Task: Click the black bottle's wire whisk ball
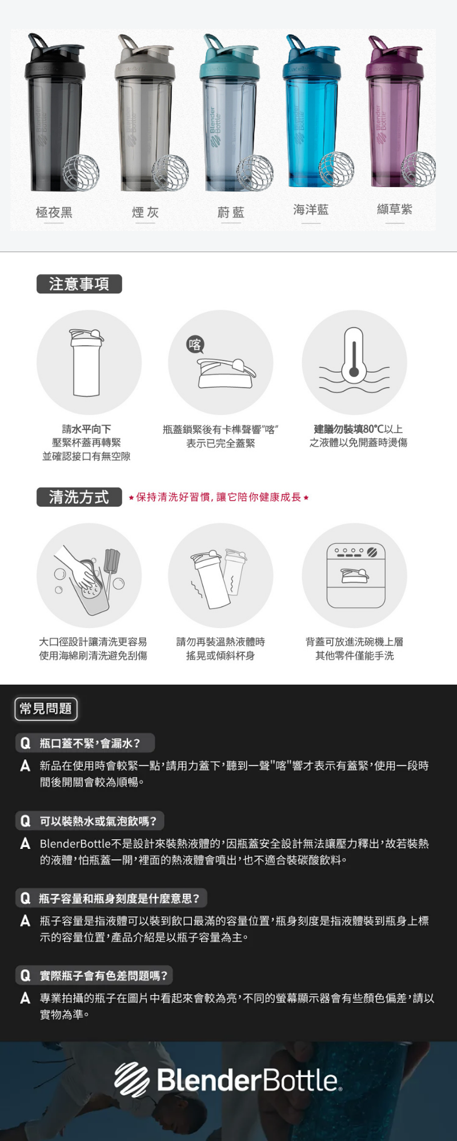[81, 172]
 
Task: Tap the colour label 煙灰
[145, 213]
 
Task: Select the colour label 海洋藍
[311, 209]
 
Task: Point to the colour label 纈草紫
[394, 209]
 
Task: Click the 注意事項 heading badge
[79, 284]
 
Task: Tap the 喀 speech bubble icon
[195, 345]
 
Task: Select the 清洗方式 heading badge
[79, 497]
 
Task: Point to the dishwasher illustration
[356, 575]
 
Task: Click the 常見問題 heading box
[46, 709]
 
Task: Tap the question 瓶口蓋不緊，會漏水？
[90, 743]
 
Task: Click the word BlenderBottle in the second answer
[75, 843]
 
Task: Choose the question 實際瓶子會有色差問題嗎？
[103, 976]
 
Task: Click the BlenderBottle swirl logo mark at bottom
[132, 1079]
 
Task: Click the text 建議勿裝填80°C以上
[358, 429]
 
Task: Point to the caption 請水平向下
[86, 429]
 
